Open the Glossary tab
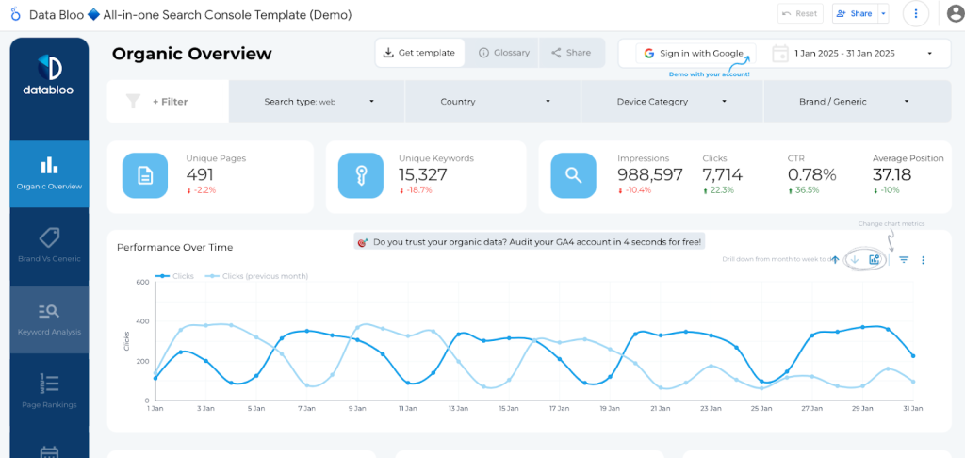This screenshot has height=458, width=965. coord(504,53)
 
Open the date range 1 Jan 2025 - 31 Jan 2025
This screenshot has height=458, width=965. coord(858,54)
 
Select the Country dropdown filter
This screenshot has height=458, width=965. coord(493,101)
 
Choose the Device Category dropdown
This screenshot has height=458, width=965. coord(672,101)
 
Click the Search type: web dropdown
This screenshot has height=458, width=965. coord(318,101)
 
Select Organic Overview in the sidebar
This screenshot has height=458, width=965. coord(49,173)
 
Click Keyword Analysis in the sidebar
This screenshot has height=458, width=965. coord(49,319)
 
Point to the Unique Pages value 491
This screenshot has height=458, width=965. coord(201,174)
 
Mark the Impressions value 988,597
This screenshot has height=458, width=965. coord(650,174)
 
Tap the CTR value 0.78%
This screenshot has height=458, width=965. coord(811,174)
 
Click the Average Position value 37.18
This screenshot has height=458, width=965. coord(891,174)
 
